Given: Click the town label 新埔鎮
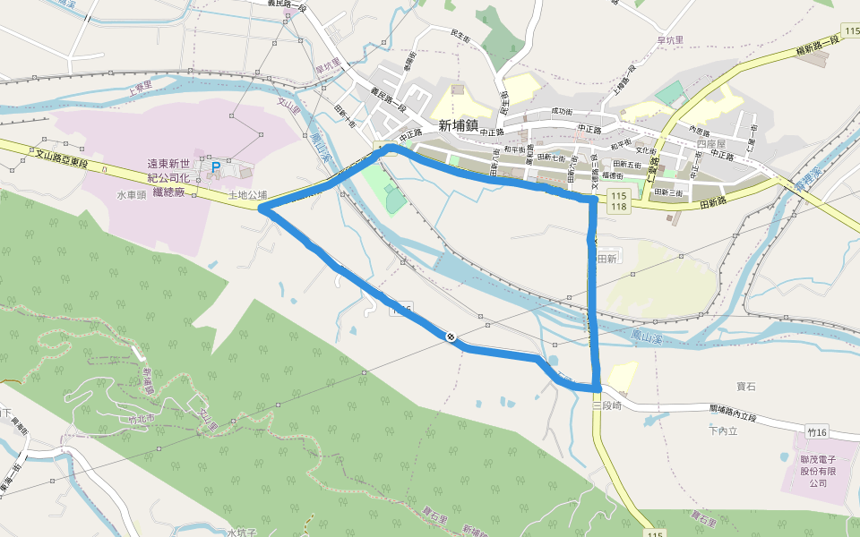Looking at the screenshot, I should (460, 126).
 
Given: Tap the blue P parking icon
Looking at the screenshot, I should (214, 166).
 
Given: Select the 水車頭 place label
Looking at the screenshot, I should (131, 194).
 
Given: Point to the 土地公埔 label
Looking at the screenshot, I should (248, 194).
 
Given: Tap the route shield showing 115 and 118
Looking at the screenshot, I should (618, 200).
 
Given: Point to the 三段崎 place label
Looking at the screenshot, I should (607, 405).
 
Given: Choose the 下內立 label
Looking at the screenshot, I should (721, 431).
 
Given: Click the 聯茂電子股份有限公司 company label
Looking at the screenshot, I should (818, 471).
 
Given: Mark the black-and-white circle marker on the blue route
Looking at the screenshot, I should (451, 337).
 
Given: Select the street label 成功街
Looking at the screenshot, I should (562, 111).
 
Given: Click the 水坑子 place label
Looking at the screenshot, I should (242, 533).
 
